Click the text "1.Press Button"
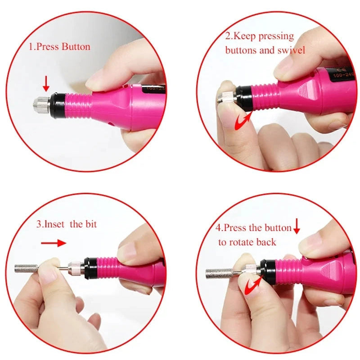(x=59, y=47)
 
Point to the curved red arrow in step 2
(x=243, y=121)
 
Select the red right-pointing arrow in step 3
(x=53, y=243)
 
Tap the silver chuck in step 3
(x=75, y=267)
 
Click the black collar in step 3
(x=91, y=268)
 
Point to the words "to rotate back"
(x=247, y=242)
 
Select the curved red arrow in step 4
(x=253, y=285)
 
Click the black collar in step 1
(x=58, y=105)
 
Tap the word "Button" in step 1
(x=76, y=47)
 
